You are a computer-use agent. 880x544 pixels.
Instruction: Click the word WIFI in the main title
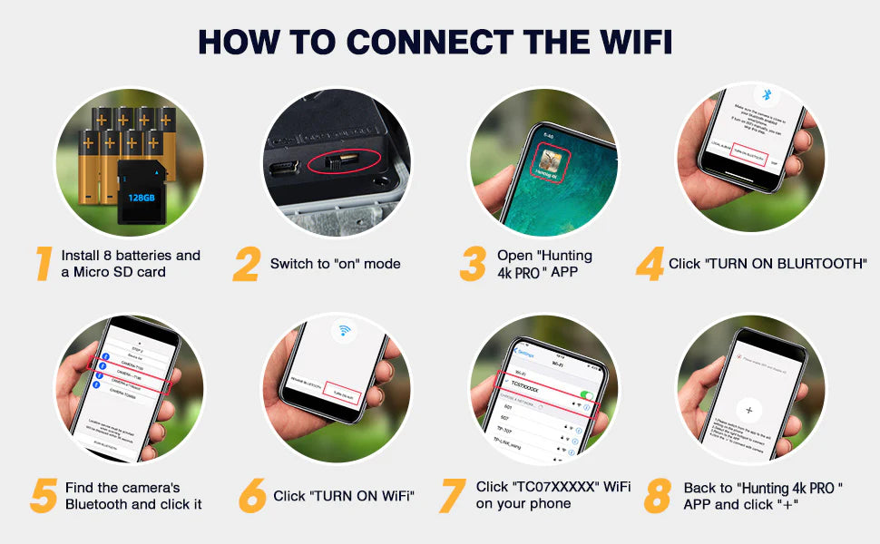click(625, 41)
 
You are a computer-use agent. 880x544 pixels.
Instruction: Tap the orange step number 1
click(43, 263)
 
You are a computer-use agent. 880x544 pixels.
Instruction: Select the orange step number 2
click(246, 263)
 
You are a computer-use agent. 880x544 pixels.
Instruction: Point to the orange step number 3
click(473, 263)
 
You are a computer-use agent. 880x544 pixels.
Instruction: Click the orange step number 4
click(650, 263)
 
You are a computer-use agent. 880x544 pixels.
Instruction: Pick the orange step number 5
click(44, 495)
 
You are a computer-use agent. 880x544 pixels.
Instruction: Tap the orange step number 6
click(252, 495)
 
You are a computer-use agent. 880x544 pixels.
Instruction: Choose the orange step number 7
click(453, 495)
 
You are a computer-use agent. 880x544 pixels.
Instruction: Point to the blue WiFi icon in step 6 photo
click(344, 330)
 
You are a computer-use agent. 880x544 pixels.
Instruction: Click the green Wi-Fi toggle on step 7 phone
click(586, 395)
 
